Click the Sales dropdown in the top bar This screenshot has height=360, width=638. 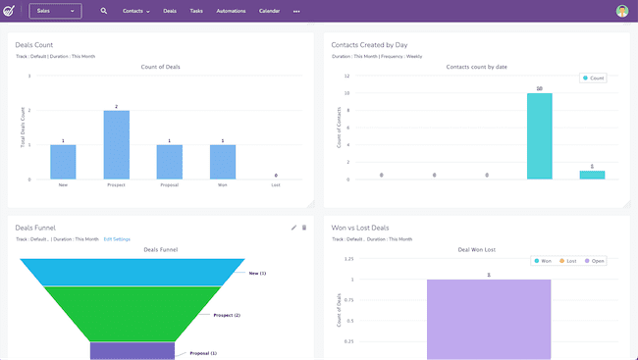55,11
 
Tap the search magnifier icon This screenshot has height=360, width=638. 104,11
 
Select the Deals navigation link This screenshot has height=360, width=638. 170,11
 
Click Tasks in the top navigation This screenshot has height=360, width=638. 196,11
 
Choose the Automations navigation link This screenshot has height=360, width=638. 231,11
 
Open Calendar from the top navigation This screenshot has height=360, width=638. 269,11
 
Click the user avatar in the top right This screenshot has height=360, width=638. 622,11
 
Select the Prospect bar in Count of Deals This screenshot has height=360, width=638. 117,144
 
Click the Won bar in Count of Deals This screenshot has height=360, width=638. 223,162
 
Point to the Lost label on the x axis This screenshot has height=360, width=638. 276,184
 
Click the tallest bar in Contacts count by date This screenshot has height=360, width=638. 540,136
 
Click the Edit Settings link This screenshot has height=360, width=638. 117,239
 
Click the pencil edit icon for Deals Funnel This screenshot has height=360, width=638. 293,228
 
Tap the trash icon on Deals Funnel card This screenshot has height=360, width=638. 304,228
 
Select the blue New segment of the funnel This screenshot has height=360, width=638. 133,272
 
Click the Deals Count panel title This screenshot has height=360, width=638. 35,45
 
